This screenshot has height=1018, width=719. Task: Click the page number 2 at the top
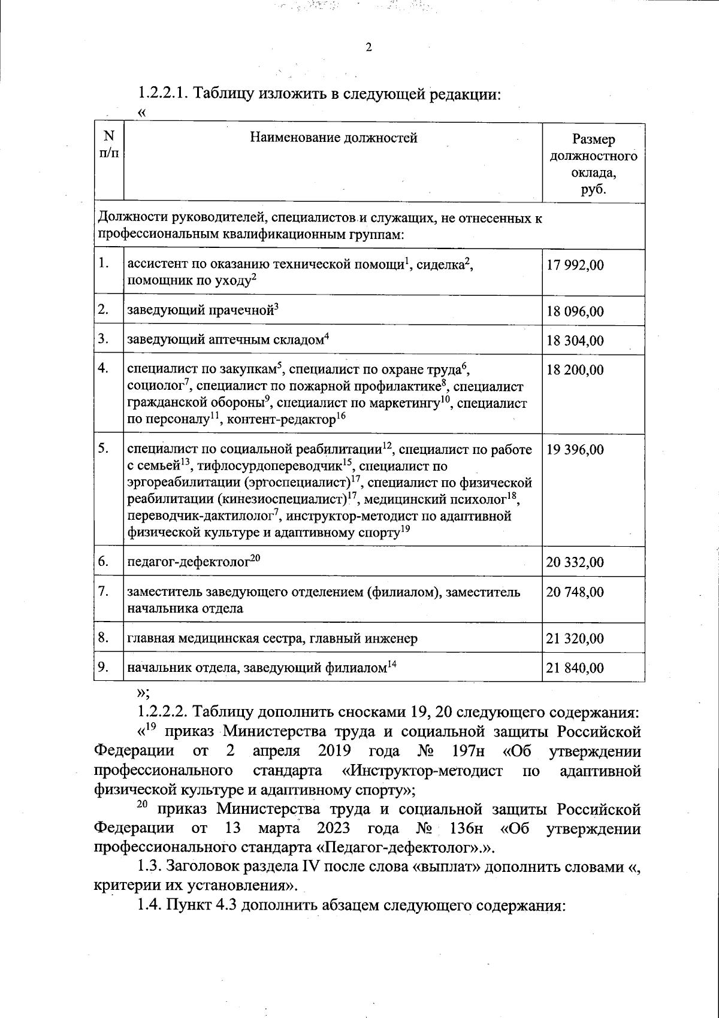369,49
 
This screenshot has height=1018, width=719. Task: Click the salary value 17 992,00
575,265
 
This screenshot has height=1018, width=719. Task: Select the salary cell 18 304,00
575,341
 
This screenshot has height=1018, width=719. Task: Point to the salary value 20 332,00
575,562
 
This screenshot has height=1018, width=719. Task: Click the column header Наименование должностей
333,139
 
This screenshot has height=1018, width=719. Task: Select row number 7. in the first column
104,592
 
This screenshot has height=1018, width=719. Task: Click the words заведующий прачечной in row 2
199,311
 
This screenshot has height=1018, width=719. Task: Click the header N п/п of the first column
108,146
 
